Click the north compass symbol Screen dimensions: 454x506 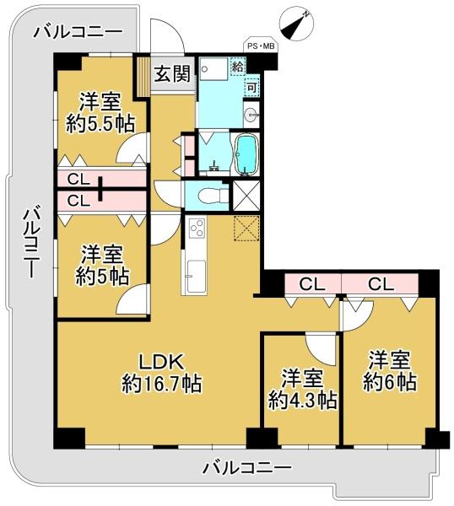[296, 25]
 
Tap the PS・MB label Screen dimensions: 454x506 [261, 46]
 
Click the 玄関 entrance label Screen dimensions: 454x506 [172, 74]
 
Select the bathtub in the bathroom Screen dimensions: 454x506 [247, 155]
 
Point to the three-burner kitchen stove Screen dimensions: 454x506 [197, 228]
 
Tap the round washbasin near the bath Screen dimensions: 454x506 [251, 114]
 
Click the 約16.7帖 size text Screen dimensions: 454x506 [162, 384]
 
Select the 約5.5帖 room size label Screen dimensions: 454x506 [100, 124]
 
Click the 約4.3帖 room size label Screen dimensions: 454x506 [303, 401]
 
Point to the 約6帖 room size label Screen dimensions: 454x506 [389, 382]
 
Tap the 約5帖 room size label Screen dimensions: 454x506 [102, 277]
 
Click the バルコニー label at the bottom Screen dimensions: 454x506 [247, 467]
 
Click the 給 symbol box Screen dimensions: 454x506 [238, 67]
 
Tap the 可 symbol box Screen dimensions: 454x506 [251, 87]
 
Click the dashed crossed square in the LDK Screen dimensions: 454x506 [246, 228]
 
